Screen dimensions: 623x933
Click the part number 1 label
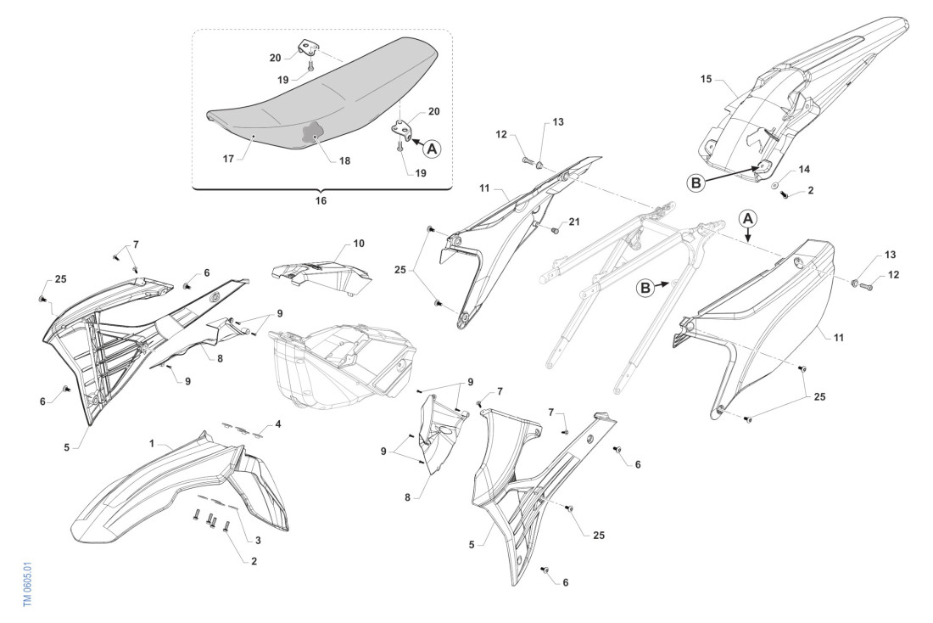tap(153, 443)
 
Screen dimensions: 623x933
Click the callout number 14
tap(803, 170)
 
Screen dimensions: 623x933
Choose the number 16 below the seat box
tap(320, 201)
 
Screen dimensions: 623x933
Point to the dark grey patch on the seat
tap(313, 134)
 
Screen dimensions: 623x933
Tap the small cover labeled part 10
tap(322, 273)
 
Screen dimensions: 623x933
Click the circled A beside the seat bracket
tap(432, 149)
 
